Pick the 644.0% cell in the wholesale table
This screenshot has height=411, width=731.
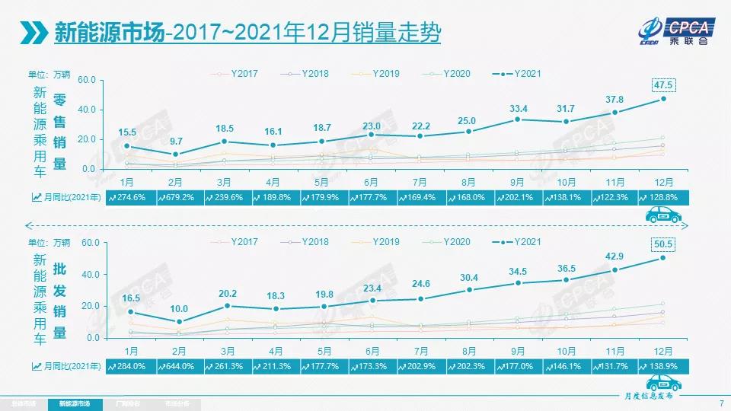180,366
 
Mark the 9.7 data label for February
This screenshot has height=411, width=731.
176,141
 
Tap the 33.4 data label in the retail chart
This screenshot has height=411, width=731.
518,107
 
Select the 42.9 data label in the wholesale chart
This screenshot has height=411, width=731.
614,256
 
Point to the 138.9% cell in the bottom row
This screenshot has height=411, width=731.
663,366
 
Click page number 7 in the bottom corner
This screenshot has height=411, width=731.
720,403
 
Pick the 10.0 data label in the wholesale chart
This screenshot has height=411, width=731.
176,308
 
